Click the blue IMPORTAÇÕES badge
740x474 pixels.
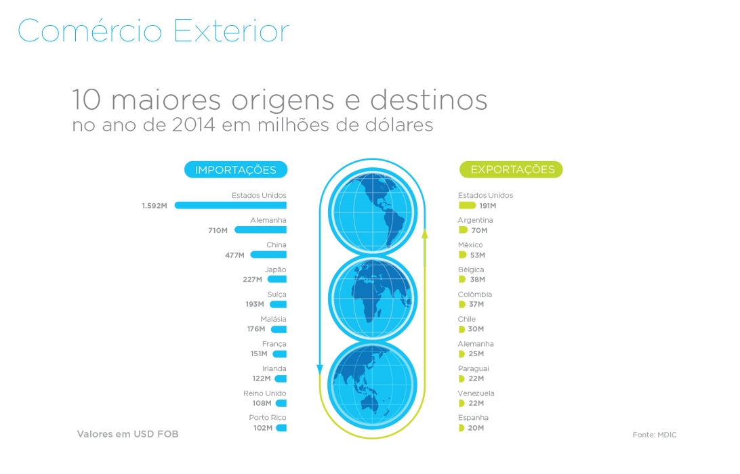[x=236, y=170]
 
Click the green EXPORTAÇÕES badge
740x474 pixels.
[x=511, y=170]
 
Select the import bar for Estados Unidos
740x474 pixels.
[x=230, y=205]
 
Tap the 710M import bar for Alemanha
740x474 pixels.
[x=260, y=230]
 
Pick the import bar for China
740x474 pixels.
[x=268, y=255]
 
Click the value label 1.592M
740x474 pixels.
[x=155, y=206]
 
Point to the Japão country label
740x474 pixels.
[x=275, y=270]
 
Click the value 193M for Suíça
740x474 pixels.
[x=254, y=304]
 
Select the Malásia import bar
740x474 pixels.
[x=279, y=329]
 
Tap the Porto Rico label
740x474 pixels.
[x=268, y=417]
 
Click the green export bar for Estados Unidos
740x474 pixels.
[x=467, y=205]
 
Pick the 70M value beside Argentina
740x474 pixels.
[x=480, y=231]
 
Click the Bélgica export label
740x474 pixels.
[x=471, y=270]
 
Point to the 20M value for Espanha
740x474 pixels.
[x=476, y=428]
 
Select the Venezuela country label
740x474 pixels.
[x=476, y=393]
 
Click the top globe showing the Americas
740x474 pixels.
[x=372, y=212]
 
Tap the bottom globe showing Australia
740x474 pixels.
[x=372, y=385]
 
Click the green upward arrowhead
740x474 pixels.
[x=425, y=233]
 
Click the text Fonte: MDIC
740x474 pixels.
[x=655, y=435]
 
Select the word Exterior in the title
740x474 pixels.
[x=231, y=31]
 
